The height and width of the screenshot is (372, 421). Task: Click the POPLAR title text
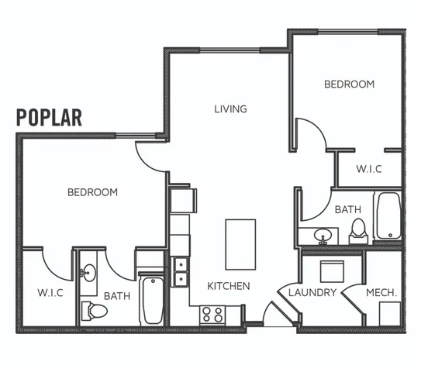(49, 118)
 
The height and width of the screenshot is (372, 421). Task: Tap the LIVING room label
(230, 109)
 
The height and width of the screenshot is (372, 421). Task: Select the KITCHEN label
(229, 286)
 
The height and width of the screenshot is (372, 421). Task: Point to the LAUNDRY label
(312, 292)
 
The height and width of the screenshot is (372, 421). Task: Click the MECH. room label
(381, 292)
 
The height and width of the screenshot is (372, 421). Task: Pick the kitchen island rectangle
(240, 244)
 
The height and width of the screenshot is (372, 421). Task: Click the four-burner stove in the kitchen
(212, 315)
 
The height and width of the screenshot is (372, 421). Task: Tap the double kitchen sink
(181, 271)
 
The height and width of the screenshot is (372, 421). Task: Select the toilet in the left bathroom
(95, 311)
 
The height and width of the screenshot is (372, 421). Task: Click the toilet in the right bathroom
(358, 232)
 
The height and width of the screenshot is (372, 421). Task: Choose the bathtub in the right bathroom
(388, 215)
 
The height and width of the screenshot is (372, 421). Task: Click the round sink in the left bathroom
(88, 273)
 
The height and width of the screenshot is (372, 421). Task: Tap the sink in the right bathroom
(323, 235)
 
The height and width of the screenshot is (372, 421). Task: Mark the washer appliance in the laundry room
(332, 271)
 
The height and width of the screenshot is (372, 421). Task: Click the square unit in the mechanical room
(390, 314)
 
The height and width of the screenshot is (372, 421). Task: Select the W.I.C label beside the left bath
(50, 292)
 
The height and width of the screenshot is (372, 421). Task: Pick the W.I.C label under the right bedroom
(369, 169)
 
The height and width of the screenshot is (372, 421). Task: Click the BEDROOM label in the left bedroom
(92, 192)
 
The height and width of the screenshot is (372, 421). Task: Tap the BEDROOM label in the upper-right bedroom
(350, 84)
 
